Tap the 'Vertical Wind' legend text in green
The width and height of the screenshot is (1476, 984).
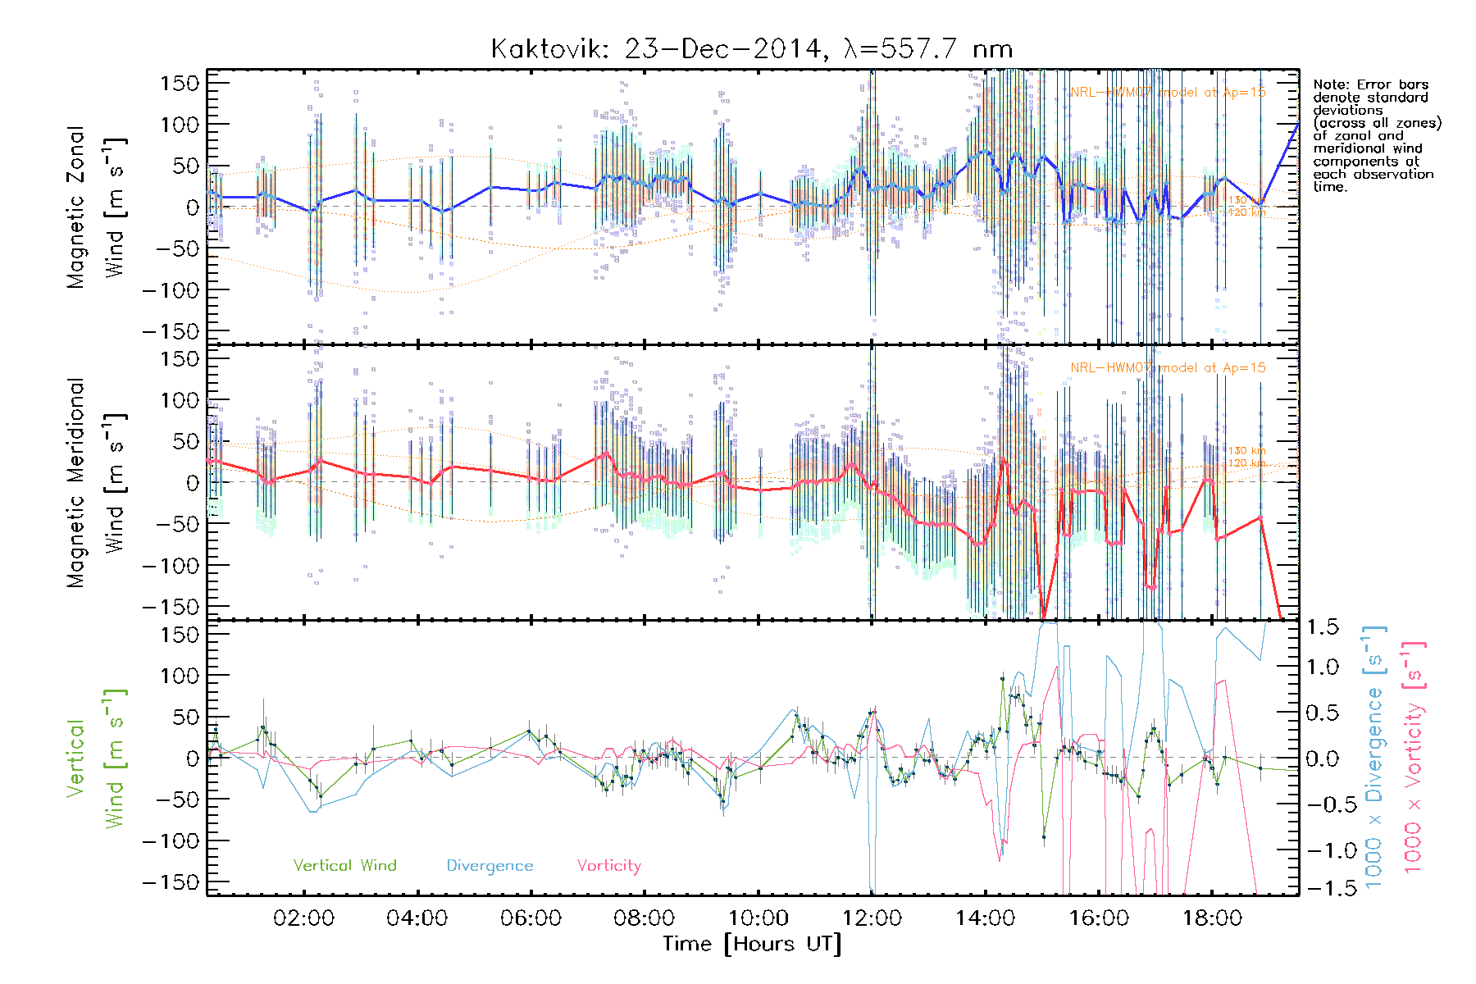pyautogui.click(x=344, y=865)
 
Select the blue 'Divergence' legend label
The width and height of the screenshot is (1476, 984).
pyautogui.click(x=490, y=865)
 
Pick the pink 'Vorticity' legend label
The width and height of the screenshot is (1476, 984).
pyautogui.click(x=608, y=865)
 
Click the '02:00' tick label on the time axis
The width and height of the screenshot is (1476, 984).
pyautogui.click(x=303, y=918)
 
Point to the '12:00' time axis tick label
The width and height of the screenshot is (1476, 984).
pyautogui.click(x=872, y=918)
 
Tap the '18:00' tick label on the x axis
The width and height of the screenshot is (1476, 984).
pyautogui.click(x=1212, y=918)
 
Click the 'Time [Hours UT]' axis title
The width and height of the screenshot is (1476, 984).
pyautogui.click(x=752, y=944)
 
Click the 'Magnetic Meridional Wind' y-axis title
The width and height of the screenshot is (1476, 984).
pyautogui.click(x=96, y=482)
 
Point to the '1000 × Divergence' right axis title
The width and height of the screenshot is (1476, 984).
pyautogui.click(x=1373, y=758)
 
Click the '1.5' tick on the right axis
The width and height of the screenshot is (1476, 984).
pyautogui.click(x=1322, y=627)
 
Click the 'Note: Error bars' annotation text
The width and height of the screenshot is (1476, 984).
pyautogui.click(x=1370, y=84)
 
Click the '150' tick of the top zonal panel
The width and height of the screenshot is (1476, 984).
pyautogui.click(x=180, y=83)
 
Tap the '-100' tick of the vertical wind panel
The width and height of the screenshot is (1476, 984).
pyautogui.click(x=171, y=840)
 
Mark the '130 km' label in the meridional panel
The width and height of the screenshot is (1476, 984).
pyautogui.click(x=1246, y=450)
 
